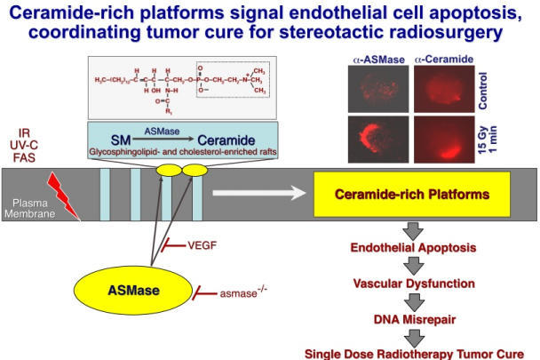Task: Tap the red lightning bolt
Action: (x=67, y=194)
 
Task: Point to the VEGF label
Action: (x=203, y=243)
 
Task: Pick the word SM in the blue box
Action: (x=122, y=140)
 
